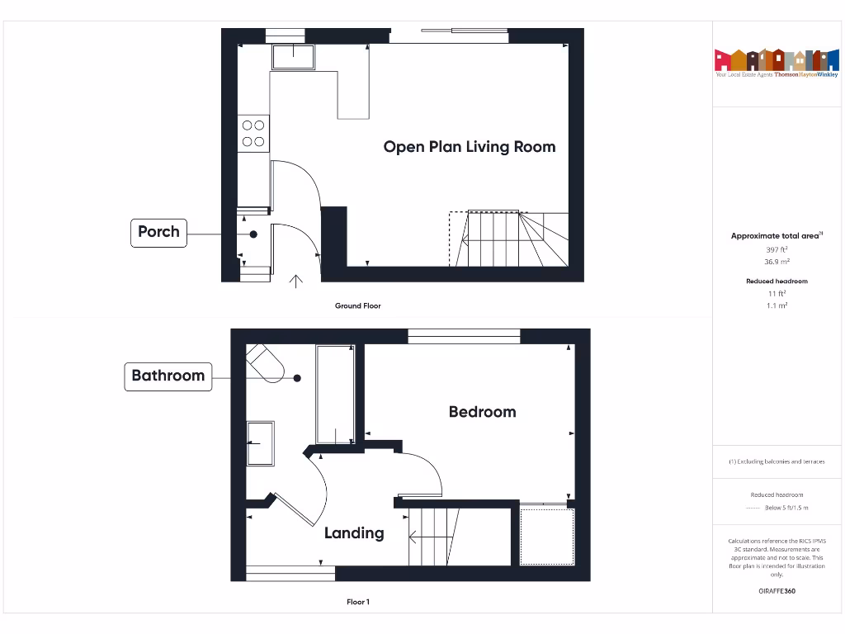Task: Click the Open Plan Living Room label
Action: point(469,147)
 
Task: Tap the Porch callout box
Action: point(158,232)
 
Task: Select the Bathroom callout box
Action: point(168,376)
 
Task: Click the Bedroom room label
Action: point(482,411)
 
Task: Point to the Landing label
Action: point(354,533)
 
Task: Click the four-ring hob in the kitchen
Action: point(253,134)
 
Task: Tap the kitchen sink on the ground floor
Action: point(293,57)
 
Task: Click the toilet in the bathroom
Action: point(266,362)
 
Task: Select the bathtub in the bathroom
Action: point(336,395)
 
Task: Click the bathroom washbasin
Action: point(261,443)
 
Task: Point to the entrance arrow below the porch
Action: point(296,282)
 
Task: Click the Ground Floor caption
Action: point(358,306)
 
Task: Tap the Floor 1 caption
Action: point(358,603)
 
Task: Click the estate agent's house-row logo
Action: point(776,60)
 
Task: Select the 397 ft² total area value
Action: point(776,248)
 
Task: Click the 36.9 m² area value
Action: point(776,261)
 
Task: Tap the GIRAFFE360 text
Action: point(776,591)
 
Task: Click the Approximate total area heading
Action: point(776,236)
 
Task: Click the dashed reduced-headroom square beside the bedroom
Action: point(546,537)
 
